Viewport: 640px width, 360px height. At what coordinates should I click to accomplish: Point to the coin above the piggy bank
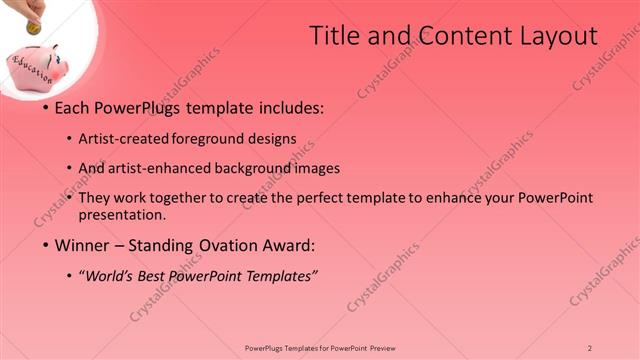33,28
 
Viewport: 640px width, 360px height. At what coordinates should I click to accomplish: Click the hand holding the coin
30,9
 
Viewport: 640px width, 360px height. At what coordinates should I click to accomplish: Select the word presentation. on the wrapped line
122,215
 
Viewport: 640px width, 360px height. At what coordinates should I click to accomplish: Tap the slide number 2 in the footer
590,347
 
